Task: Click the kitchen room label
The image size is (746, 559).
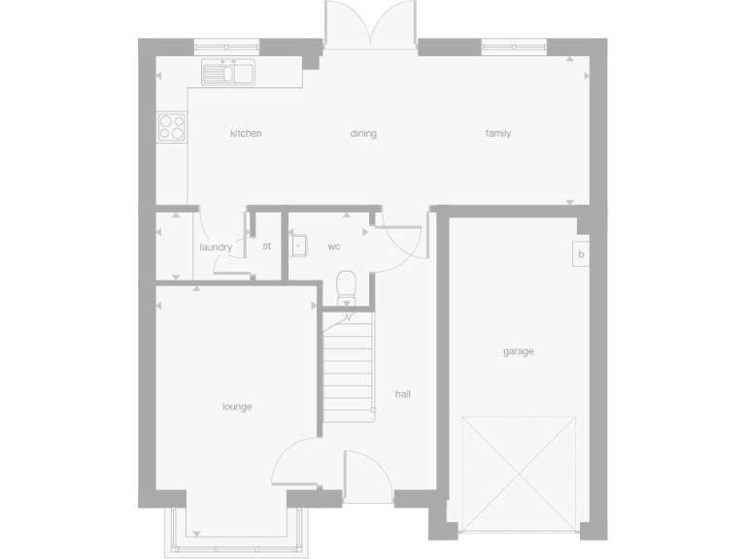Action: (246, 134)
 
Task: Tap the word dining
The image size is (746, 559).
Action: (363, 134)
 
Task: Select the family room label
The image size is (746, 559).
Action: (498, 134)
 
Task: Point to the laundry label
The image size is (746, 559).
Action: (216, 247)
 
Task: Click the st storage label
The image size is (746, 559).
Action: (266, 247)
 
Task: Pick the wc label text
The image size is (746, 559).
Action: (333, 247)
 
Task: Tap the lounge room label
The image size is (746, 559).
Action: (237, 407)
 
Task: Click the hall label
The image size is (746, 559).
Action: (403, 394)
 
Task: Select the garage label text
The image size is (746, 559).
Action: (518, 351)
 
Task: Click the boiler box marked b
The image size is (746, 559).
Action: (581, 255)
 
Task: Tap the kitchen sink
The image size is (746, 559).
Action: (228, 72)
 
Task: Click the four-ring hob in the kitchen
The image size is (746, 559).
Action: (172, 126)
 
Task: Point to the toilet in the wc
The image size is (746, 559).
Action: (346, 287)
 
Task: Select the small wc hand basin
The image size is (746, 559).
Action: (300, 246)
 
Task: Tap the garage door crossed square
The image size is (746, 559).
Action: (519, 474)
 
